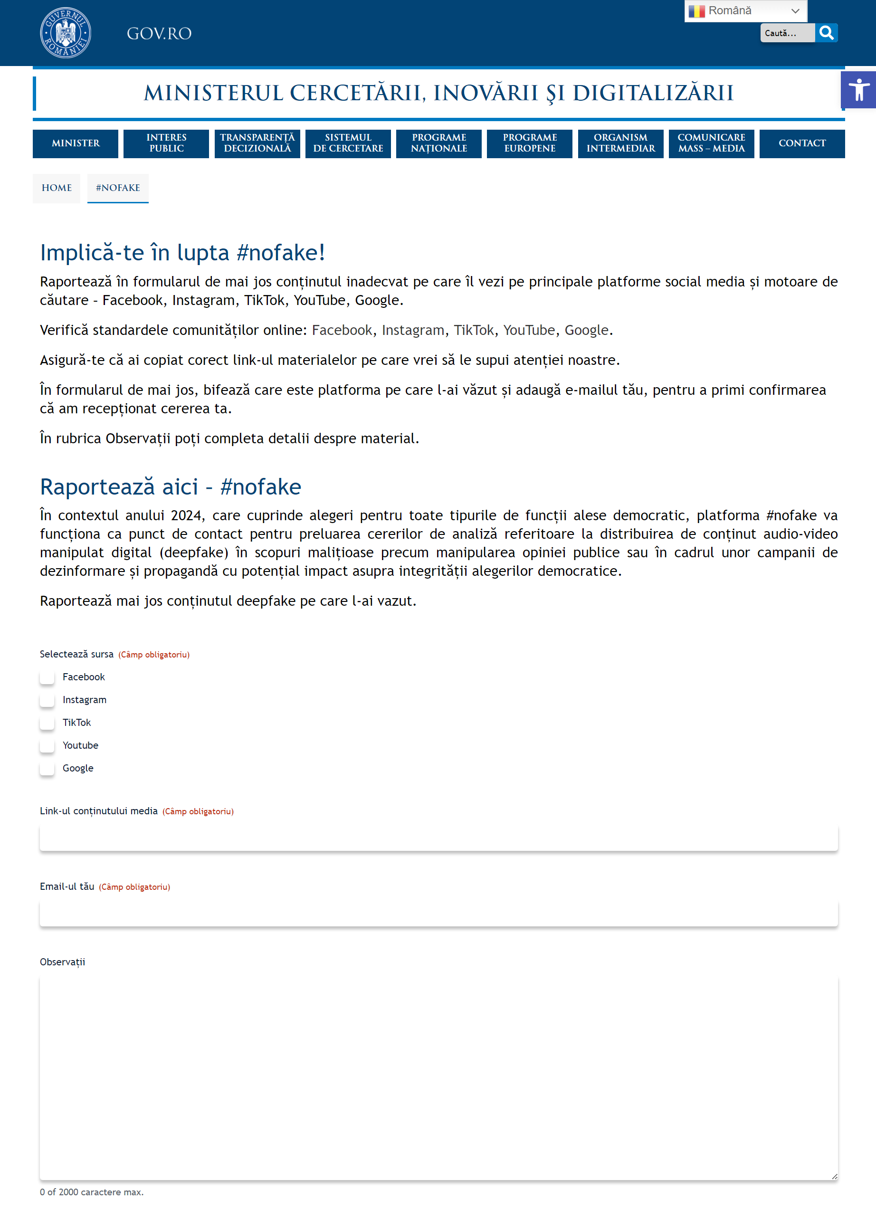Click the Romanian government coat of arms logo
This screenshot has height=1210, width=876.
(65, 33)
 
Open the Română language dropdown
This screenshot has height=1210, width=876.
(745, 10)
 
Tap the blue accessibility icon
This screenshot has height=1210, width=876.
(858, 90)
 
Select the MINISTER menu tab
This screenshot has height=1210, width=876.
(75, 143)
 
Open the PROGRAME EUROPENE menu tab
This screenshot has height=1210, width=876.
(529, 143)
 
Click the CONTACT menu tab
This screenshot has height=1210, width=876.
(801, 143)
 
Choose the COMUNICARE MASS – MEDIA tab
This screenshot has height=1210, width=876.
(711, 143)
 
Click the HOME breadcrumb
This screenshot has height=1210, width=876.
(57, 188)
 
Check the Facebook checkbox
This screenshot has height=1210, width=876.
(47, 677)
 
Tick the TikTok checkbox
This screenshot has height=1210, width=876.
(47, 723)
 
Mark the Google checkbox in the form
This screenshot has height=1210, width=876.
(47, 768)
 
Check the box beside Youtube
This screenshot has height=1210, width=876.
(47, 745)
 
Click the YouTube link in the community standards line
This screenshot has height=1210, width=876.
(529, 330)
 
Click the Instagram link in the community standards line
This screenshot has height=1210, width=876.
(412, 330)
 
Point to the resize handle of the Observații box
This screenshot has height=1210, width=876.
(834, 1176)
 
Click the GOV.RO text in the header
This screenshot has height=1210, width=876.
(159, 34)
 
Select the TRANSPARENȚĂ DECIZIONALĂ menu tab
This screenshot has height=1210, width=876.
(257, 143)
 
